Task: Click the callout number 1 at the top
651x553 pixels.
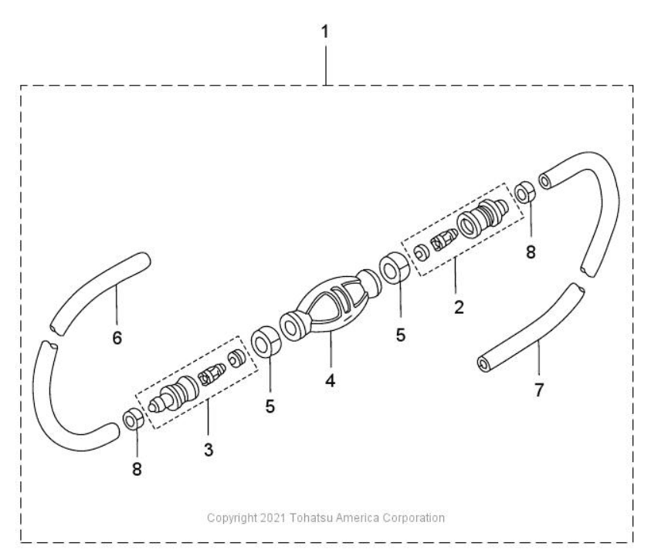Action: point(324,32)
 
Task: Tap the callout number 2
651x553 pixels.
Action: point(459,307)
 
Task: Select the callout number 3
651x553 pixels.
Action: point(209,450)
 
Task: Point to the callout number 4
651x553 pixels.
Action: point(330,380)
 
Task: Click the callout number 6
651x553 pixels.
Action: point(117,338)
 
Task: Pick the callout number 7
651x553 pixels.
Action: point(538,390)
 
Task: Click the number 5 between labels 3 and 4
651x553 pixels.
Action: point(270,406)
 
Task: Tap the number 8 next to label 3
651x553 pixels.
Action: point(137,469)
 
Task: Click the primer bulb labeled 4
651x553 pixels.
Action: point(331,305)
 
